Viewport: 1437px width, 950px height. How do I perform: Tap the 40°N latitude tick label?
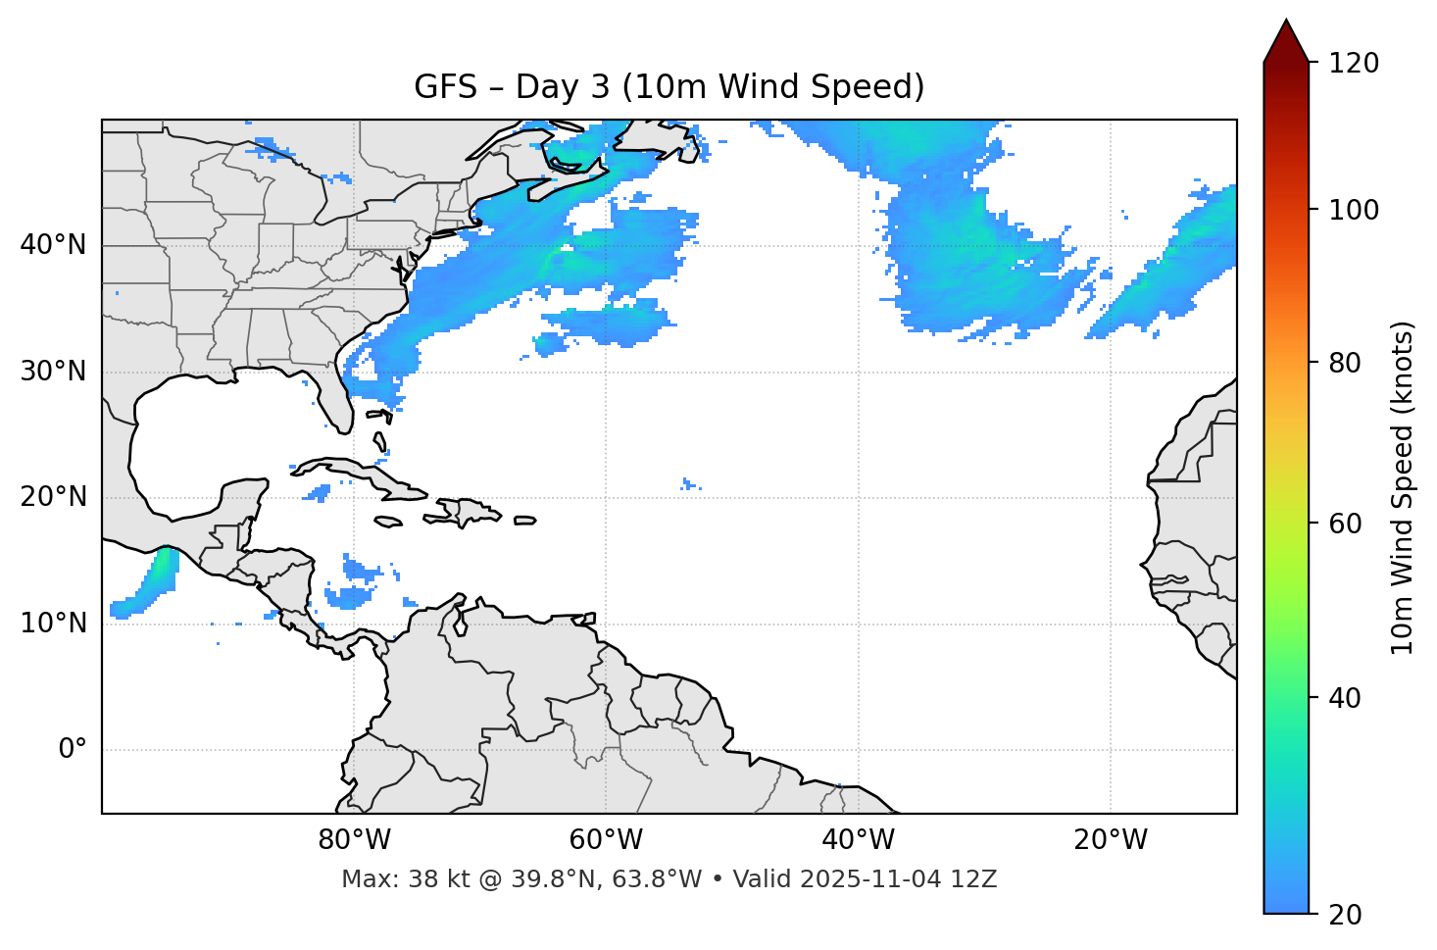point(53,245)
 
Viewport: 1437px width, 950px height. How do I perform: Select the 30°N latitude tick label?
point(53,372)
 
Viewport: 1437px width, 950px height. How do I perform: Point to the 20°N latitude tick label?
point(53,497)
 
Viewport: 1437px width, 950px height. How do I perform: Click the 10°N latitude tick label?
point(53,624)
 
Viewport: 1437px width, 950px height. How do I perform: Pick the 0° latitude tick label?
point(72,750)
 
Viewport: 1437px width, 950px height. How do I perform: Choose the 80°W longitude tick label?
point(354,840)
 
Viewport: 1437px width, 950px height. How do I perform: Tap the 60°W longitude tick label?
point(606,840)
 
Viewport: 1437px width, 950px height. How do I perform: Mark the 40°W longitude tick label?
point(858,840)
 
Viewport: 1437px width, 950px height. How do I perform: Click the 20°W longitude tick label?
point(1110,840)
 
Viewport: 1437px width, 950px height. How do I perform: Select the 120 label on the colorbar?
point(1354,64)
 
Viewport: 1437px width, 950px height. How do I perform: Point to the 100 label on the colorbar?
point(1354,210)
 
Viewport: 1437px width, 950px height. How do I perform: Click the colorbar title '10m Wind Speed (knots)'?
point(1403,487)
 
